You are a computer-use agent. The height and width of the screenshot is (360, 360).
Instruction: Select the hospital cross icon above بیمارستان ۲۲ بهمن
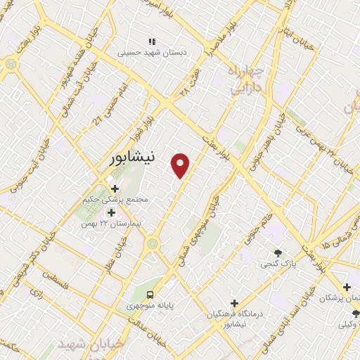[x=110, y=212]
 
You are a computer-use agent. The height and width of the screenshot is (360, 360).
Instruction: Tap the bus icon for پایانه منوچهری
[x=150, y=294]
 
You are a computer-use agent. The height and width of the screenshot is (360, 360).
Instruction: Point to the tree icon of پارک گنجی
[x=279, y=253]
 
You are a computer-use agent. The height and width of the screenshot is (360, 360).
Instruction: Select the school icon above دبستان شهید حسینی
[x=149, y=39]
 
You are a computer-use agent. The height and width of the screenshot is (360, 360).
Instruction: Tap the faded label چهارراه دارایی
[x=245, y=82]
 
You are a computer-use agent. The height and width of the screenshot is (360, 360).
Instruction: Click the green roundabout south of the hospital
[x=153, y=244]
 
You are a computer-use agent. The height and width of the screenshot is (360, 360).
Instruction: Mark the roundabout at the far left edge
[x=11, y=64]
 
